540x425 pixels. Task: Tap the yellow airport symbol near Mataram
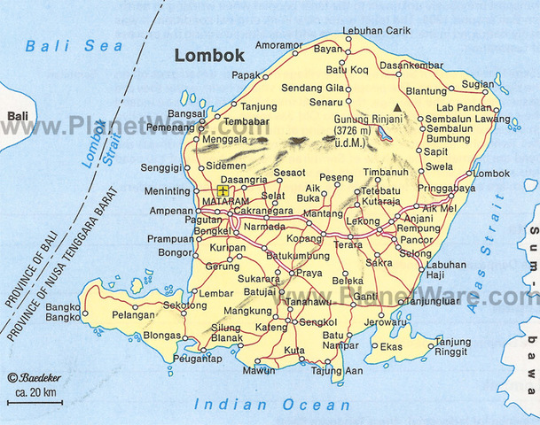223,189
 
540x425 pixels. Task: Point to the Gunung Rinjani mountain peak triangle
398,108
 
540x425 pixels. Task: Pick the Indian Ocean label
272,406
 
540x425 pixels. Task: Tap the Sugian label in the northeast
477,83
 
